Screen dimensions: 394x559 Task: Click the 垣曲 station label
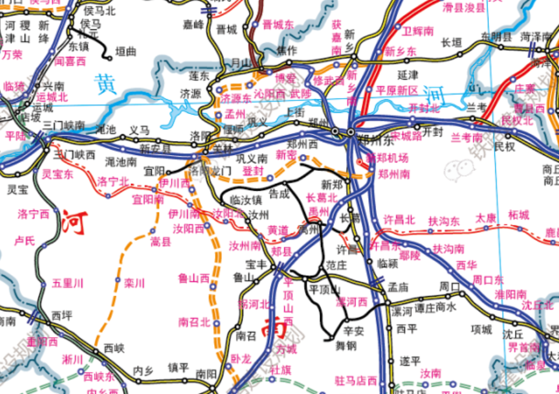click(x=125, y=53)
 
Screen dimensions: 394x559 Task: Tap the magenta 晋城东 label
click(x=278, y=25)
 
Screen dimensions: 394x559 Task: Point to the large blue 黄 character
click(x=106, y=85)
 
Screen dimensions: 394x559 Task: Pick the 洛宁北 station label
click(x=113, y=181)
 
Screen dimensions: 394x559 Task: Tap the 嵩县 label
click(x=161, y=242)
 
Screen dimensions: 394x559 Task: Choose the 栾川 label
click(x=134, y=283)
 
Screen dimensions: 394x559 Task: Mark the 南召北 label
click(x=194, y=322)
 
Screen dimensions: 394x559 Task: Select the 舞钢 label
click(x=346, y=345)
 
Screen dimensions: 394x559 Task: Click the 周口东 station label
click(x=487, y=280)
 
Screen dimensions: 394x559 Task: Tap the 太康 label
click(x=486, y=218)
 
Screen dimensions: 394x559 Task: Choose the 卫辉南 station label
click(x=418, y=29)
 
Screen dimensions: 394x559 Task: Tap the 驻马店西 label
click(x=356, y=380)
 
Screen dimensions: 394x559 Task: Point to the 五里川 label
click(x=67, y=283)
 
